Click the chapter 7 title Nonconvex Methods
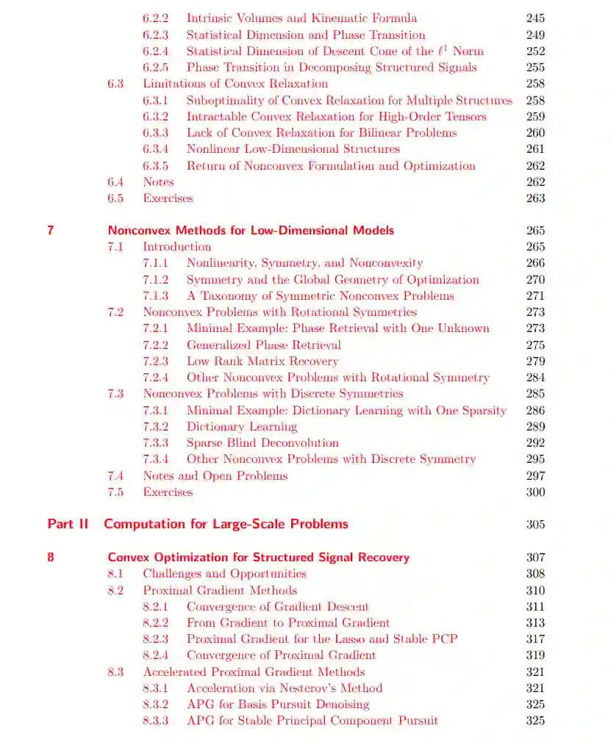point(251,230)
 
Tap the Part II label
point(68,524)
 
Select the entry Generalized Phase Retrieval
point(263,345)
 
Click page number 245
point(535,18)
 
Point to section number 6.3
point(115,84)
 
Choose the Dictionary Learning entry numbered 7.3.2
point(241,427)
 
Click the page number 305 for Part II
point(535,525)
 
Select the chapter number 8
point(51,557)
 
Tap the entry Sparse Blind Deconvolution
point(262,443)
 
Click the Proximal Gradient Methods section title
point(220,590)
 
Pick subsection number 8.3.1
point(155,688)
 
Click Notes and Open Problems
point(215,476)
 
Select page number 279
point(535,361)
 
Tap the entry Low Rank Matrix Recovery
point(262,361)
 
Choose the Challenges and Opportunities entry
point(224,574)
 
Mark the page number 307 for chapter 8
point(535,558)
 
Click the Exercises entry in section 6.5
point(168,198)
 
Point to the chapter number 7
point(51,230)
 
